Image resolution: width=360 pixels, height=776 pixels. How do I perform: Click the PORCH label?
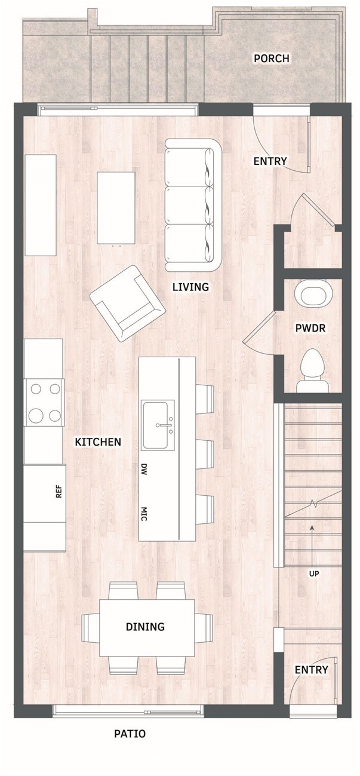(x=272, y=58)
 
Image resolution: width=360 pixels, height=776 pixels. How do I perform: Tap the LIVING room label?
(x=190, y=287)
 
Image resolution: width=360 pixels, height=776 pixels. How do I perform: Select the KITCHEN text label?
(x=99, y=441)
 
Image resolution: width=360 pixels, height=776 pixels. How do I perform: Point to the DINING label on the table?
(x=145, y=627)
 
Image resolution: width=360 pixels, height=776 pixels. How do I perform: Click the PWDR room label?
(x=310, y=328)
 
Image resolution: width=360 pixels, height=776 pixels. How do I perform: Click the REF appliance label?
(x=59, y=491)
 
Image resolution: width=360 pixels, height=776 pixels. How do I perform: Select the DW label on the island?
(x=144, y=469)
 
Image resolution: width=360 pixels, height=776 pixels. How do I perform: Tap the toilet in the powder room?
(x=313, y=371)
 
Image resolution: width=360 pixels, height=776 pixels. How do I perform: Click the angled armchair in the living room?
(x=127, y=303)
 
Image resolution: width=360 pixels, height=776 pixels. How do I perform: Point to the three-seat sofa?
(x=193, y=205)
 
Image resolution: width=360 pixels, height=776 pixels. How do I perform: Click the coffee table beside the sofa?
(x=116, y=208)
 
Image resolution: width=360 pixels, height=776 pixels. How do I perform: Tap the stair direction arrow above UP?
(x=312, y=547)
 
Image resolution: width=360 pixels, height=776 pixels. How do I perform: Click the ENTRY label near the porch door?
(x=270, y=161)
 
